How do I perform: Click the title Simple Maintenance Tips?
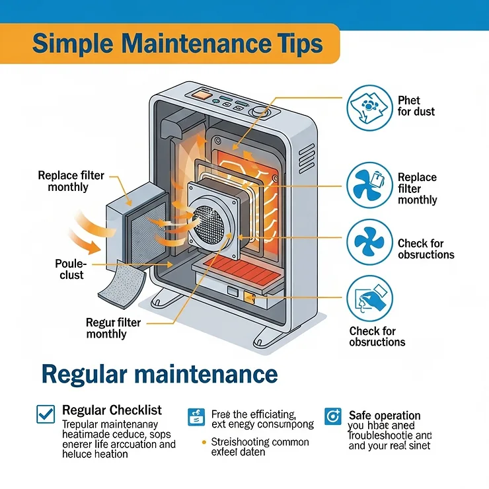(177, 44)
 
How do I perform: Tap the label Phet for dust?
(416, 106)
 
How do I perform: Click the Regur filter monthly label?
(114, 328)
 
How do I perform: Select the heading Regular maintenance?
(159, 374)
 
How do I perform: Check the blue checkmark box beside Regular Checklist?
(46, 414)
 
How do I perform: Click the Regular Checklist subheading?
(112, 410)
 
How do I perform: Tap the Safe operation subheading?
(384, 415)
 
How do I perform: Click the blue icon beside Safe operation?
(333, 416)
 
